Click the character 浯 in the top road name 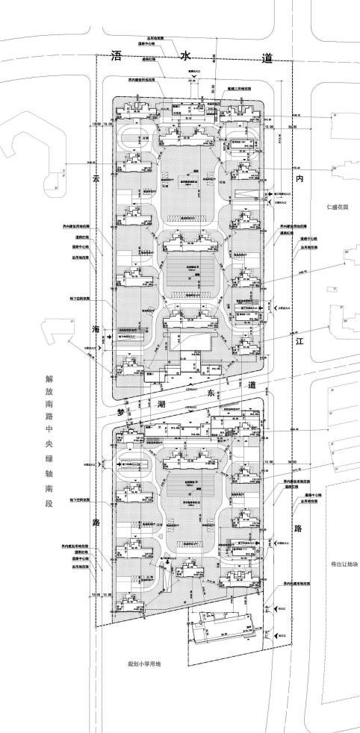[115, 57]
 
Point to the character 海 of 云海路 [96, 329]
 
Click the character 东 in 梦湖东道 [211, 393]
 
